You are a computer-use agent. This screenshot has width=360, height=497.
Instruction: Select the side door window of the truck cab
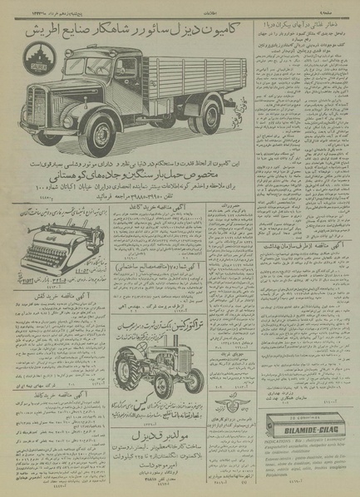point(127,68)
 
